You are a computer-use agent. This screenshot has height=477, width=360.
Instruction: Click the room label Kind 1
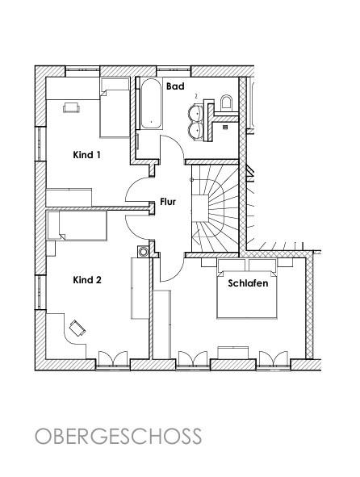click(x=86, y=155)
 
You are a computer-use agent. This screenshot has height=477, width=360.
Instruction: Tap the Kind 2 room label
click(x=87, y=280)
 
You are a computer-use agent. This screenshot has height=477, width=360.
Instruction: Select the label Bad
click(x=175, y=86)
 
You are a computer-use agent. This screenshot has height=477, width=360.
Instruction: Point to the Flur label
click(x=168, y=202)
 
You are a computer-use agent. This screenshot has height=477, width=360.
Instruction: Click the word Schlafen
click(x=248, y=283)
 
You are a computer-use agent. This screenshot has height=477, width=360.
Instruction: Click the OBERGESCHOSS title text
click(x=119, y=436)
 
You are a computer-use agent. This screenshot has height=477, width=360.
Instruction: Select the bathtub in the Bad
click(x=151, y=104)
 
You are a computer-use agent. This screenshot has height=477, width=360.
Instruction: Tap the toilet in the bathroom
click(x=226, y=103)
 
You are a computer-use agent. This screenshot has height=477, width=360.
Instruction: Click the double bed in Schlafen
click(x=247, y=294)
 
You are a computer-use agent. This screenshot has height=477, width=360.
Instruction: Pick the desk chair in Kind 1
click(x=72, y=107)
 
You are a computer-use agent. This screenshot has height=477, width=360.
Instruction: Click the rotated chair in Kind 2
click(x=77, y=328)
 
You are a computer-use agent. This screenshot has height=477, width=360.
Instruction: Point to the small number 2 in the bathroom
click(x=196, y=96)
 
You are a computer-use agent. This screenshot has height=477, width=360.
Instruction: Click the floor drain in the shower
click(x=225, y=128)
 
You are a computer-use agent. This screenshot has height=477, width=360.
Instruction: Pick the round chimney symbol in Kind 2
click(x=143, y=252)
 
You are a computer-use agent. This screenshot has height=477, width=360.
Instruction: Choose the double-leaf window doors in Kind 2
click(x=113, y=358)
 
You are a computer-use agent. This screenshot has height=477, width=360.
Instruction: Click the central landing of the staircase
click(x=200, y=209)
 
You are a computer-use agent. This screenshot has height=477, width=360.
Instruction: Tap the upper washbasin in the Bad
click(x=196, y=111)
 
